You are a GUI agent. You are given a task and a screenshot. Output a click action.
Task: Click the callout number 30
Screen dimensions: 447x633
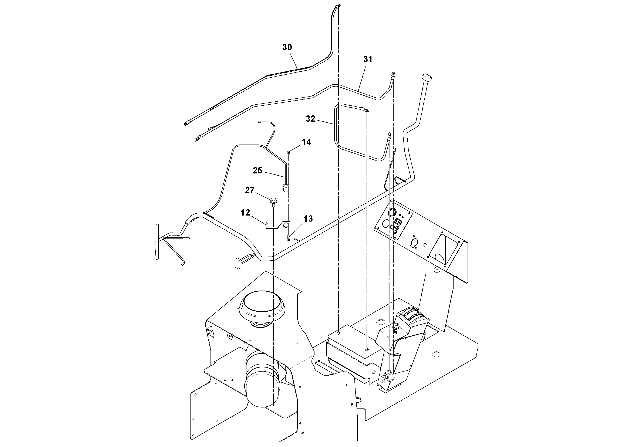(x=287, y=47)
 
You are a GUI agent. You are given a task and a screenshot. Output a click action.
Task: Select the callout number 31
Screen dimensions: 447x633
(x=368, y=59)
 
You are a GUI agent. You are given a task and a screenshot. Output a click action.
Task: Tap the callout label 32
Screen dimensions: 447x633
(x=310, y=119)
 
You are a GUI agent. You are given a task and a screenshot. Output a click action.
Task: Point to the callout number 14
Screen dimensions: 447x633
(x=306, y=142)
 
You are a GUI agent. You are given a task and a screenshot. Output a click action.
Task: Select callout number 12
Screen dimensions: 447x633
(x=245, y=213)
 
